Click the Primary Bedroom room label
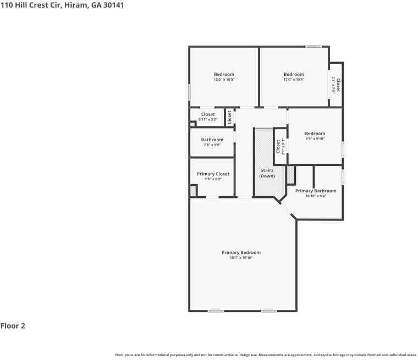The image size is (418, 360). (x=241, y=252)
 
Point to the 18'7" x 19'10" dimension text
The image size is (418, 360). (x=241, y=257)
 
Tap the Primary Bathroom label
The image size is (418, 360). (x=316, y=191)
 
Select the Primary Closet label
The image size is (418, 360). (x=213, y=174)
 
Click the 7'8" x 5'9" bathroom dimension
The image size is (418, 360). (x=212, y=145)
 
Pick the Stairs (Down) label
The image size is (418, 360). (x=267, y=173)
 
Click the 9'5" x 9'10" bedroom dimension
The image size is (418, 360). (x=315, y=139)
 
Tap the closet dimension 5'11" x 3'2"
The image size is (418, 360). (x=208, y=119)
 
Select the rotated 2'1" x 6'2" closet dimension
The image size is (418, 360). (x=283, y=146)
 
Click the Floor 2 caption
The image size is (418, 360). (x=13, y=326)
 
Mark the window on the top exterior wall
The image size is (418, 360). (x=314, y=47)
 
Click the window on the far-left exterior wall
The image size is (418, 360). (x=190, y=92)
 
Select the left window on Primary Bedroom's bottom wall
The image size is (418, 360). (x=216, y=311)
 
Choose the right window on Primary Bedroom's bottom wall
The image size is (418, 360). (x=269, y=311)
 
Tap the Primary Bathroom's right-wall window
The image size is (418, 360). (x=343, y=177)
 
